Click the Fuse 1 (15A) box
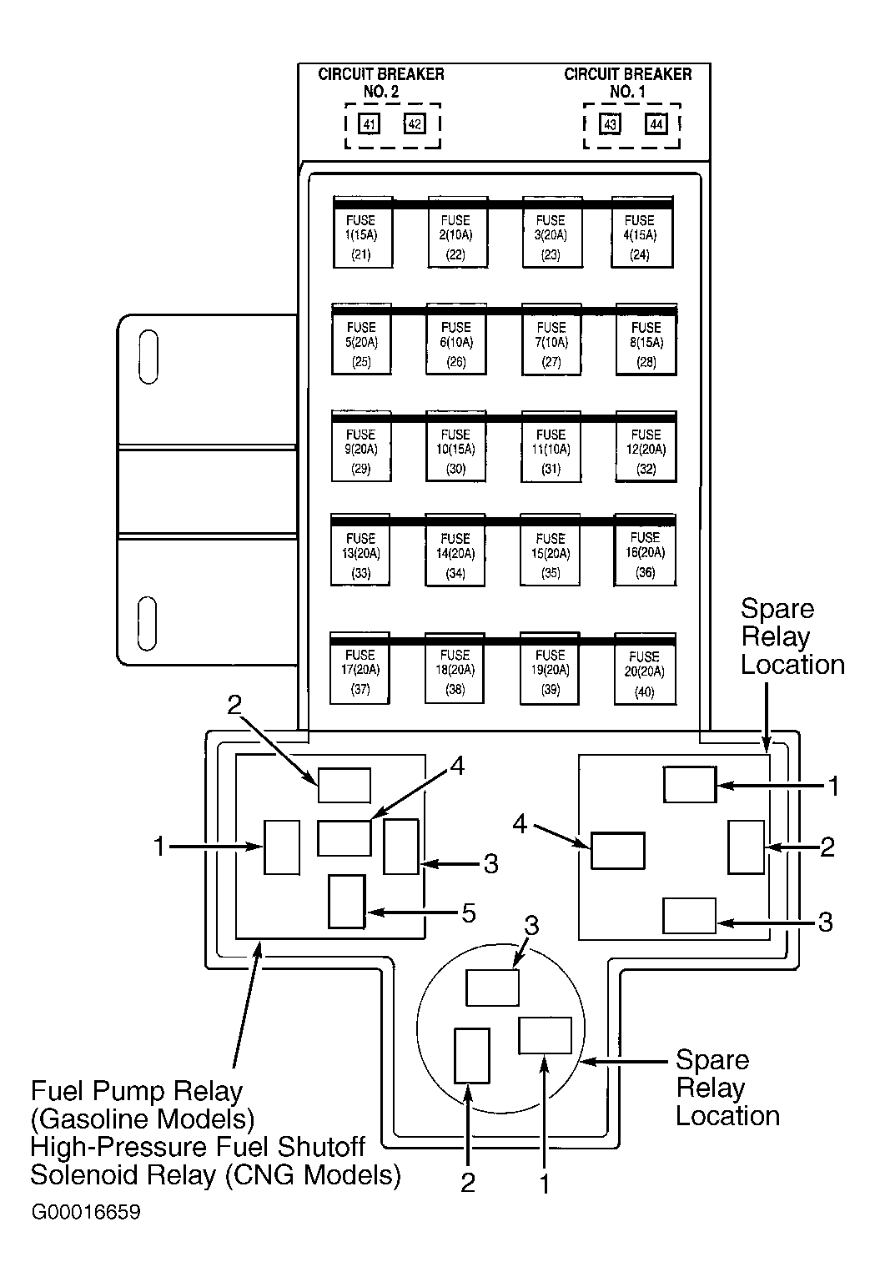coord(363,232)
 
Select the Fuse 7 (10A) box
coord(551,339)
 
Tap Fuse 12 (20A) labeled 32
coord(646,446)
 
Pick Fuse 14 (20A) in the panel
coord(455,550)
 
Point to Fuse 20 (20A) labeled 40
coord(645,668)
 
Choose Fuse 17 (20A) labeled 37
coord(360,668)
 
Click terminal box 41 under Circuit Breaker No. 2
coord(370,123)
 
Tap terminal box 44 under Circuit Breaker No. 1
coord(656,123)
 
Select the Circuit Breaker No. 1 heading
coord(628,83)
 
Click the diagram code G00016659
coord(86,1212)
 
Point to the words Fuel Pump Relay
coord(137,1091)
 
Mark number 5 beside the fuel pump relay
coord(469,913)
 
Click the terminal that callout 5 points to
coord(347,902)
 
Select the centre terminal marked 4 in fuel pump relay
coord(344,838)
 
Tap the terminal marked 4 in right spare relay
coord(617,851)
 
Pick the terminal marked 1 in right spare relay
coord(690,785)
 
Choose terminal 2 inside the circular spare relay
coord(472,1056)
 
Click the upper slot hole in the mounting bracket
coord(148,356)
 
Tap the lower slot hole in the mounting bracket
coord(147,624)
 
